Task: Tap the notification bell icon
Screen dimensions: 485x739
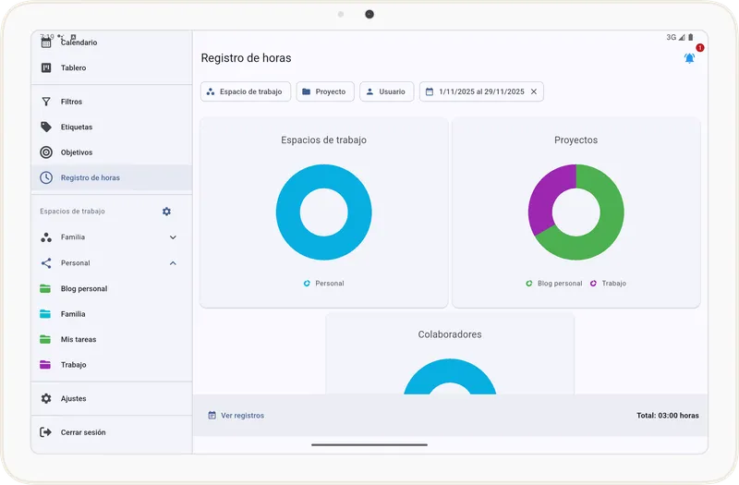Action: pos(689,58)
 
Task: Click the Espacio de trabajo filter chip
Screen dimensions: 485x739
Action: pos(246,91)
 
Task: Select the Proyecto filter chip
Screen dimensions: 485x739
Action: pos(325,91)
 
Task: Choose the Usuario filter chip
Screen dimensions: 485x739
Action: pos(386,91)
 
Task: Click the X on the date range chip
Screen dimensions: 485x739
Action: pos(534,91)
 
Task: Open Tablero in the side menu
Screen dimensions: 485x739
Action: pos(74,67)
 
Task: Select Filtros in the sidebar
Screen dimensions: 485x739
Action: pos(72,102)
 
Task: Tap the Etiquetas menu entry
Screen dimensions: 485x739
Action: pos(77,127)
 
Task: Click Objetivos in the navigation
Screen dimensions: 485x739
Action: pos(77,152)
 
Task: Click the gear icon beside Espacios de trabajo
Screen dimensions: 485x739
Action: pos(166,212)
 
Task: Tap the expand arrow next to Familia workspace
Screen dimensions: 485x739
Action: pos(173,237)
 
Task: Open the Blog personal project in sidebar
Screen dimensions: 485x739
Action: pos(84,288)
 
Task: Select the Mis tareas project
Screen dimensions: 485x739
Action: pos(79,339)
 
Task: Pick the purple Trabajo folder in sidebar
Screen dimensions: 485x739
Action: pos(73,365)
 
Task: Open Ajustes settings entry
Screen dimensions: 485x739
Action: pos(74,398)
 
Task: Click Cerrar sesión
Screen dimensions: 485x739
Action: pos(83,432)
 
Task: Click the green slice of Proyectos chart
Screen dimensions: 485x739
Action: pos(605,222)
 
